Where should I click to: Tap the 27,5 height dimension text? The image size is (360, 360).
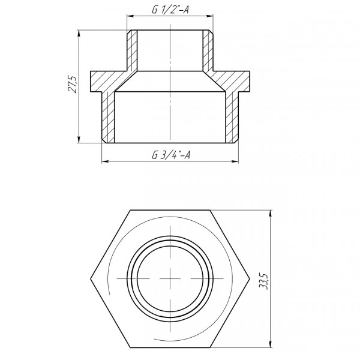pos(72,84)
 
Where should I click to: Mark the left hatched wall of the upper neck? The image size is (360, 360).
pos(132,48)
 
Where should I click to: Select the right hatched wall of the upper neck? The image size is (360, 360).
pos(208,48)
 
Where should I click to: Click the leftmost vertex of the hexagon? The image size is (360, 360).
pos(90,279)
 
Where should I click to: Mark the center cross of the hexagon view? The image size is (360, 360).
pos(171,279)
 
